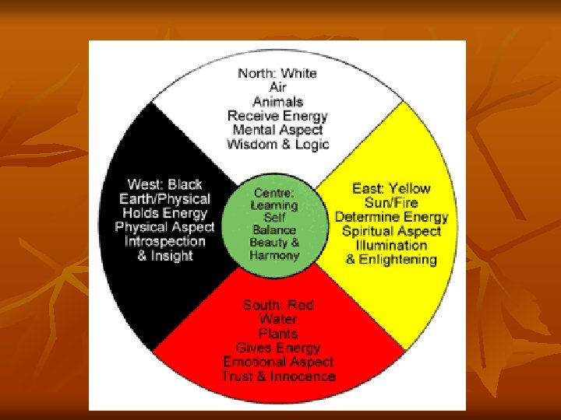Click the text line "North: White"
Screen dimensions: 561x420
[x=277, y=73]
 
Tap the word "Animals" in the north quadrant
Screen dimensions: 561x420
[x=277, y=102]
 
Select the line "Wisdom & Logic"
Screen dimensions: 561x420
[x=277, y=144]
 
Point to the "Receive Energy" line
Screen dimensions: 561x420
[x=277, y=116]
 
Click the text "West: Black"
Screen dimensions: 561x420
[x=164, y=184]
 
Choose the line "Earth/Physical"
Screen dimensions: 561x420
[x=164, y=198]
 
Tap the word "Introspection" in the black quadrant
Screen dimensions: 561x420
[x=164, y=241]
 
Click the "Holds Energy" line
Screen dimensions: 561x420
[x=164, y=212]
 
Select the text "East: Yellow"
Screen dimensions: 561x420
[x=391, y=188]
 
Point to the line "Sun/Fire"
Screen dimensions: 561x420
[x=391, y=202]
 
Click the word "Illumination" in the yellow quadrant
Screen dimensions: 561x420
[x=391, y=245]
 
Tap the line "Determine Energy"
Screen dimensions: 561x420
[x=391, y=216]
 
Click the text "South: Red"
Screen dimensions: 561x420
[x=278, y=305]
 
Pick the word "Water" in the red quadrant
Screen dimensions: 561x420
[x=278, y=320]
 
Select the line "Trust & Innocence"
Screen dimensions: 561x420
[x=278, y=376]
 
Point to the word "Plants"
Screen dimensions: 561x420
[x=278, y=334]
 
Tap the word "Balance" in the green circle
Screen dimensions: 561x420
[x=274, y=230]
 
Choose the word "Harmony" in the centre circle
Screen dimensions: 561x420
[x=274, y=255]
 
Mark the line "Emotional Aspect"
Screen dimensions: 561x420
[x=278, y=362]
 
